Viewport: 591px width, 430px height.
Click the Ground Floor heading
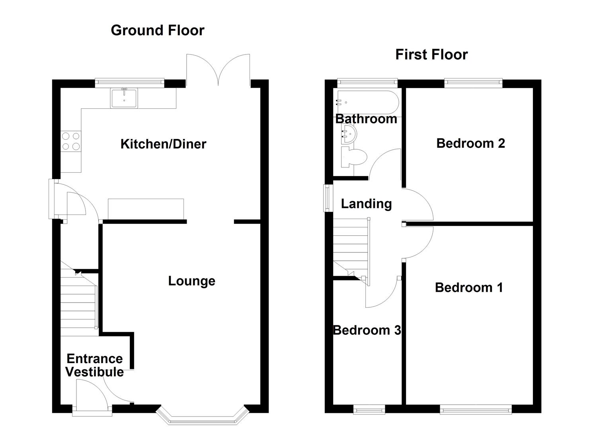point(157,30)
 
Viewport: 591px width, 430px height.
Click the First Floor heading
point(431,55)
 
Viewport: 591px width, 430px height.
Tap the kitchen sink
point(124,98)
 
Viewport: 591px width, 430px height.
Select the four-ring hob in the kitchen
point(71,141)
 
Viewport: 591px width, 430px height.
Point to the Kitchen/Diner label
point(163,144)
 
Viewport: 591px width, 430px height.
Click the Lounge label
point(191,281)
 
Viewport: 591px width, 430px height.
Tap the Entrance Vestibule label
point(94,365)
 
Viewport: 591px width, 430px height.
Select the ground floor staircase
point(79,303)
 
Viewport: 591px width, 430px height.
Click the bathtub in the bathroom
point(367,102)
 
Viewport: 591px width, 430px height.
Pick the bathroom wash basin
point(349,133)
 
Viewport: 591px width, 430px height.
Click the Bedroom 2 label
point(470,143)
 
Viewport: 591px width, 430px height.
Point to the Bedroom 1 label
point(469,287)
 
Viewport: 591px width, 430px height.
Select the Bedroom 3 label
point(367,330)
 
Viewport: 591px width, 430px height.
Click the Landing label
point(366,203)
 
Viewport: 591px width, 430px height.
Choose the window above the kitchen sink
point(129,82)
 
